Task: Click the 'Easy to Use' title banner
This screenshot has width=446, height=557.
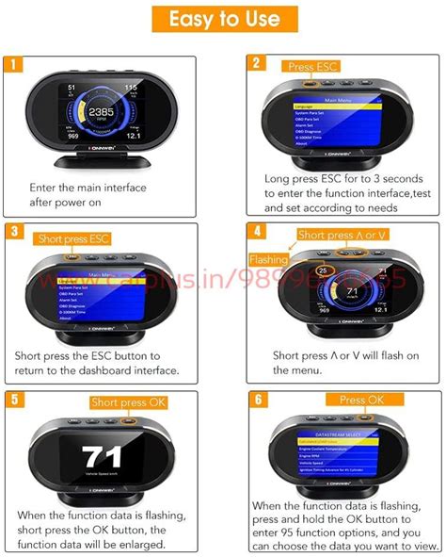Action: point(223,19)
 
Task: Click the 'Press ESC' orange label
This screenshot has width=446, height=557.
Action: point(311,67)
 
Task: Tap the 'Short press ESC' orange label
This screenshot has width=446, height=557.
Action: point(72,238)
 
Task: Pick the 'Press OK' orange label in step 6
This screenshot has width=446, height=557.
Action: point(361,400)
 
